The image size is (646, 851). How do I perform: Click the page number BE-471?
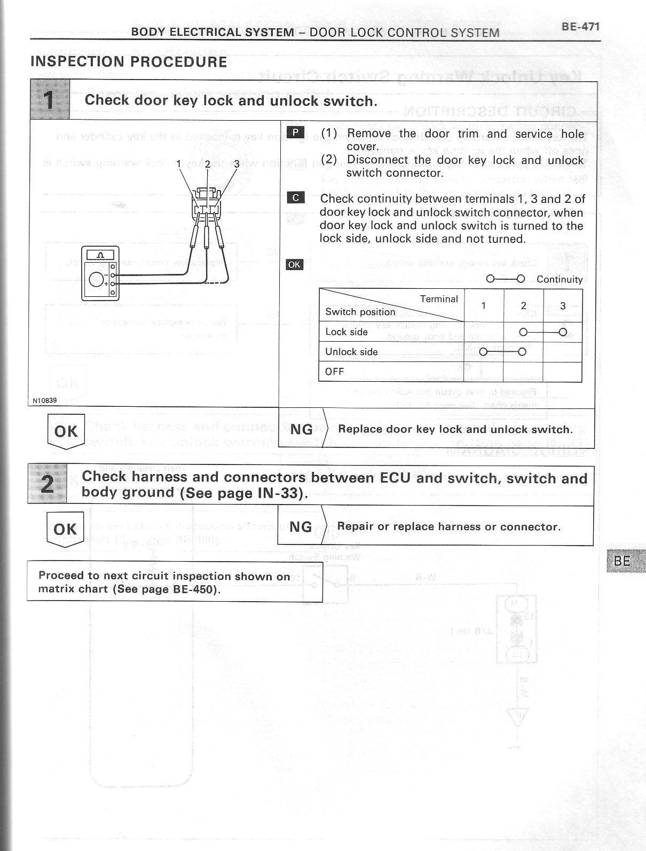(x=580, y=27)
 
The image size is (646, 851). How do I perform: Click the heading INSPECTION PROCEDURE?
(x=129, y=62)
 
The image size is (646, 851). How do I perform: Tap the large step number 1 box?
(x=50, y=99)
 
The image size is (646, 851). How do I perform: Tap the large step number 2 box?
(x=48, y=484)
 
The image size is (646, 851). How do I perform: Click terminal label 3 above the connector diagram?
(x=237, y=164)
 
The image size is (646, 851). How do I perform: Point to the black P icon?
(x=295, y=133)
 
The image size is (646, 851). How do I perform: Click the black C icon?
(x=295, y=198)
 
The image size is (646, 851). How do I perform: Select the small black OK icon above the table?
(x=295, y=264)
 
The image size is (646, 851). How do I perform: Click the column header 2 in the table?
(x=523, y=305)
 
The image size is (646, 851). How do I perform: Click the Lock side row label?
(x=346, y=332)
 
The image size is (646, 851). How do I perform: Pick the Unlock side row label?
(x=351, y=352)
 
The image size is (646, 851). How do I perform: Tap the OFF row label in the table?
(x=335, y=372)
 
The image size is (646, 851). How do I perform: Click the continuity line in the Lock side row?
(x=542, y=332)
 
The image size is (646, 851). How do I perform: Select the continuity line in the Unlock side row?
(x=502, y=352)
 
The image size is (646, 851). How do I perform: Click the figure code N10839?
(x=45, y=400)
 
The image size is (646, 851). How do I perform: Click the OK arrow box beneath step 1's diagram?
(x=66, y=431)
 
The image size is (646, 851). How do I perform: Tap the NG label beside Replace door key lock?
(x=301, y=429)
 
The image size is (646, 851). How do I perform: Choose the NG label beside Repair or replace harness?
(x=301, y=527)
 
